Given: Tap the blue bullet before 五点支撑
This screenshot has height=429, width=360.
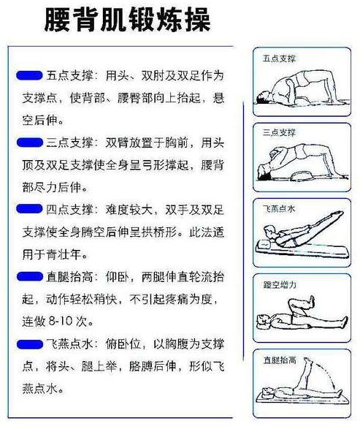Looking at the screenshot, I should (x=28, y=75).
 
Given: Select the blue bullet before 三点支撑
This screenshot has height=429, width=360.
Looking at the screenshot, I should (x=28, y=140).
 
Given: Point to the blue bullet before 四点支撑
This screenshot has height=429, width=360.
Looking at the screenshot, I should (x=28, y=209).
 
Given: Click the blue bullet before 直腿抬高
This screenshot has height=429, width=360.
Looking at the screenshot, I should (x=28, y=276).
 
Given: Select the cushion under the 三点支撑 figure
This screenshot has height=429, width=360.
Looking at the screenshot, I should (x=296, y=175).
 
